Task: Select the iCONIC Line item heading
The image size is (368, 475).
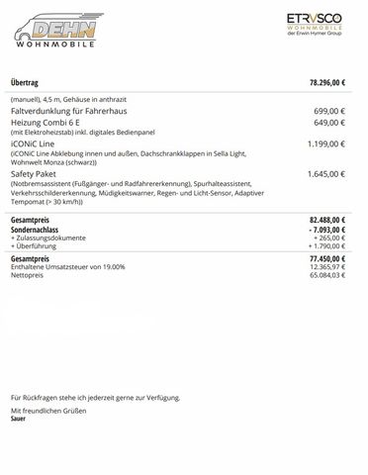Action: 32,143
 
